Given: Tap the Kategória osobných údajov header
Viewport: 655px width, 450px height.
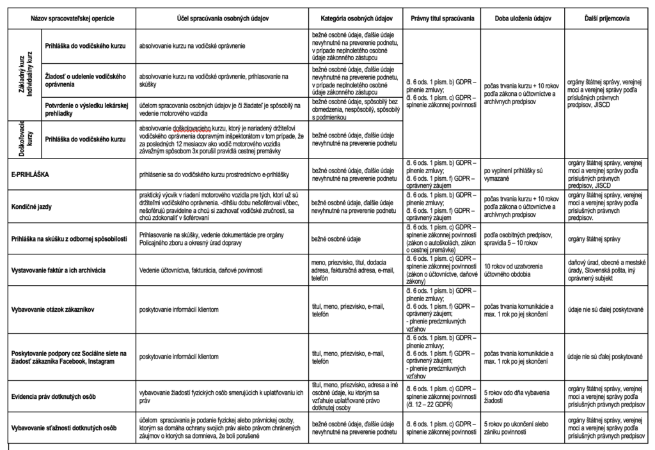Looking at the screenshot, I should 356,19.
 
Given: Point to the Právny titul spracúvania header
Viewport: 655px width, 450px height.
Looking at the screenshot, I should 442,19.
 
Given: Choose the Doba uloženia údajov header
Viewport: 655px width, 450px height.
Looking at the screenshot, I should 523,19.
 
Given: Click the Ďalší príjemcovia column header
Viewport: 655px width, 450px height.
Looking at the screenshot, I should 607,19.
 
